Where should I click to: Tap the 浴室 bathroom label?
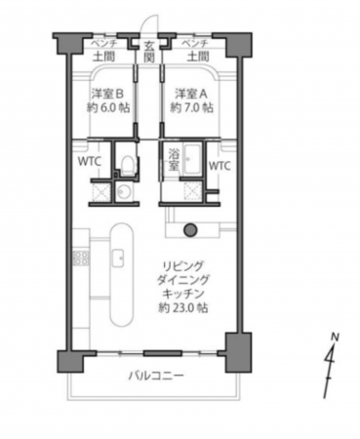coord(174,160)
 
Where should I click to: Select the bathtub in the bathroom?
coord(190,161)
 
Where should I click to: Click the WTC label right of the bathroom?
coord(220,165)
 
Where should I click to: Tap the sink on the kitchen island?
coord(117,258)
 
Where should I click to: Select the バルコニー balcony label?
coord(153,376)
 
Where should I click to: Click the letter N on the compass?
coord(334,338)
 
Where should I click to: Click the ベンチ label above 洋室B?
coord(104,46)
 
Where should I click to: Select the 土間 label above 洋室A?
coord(194,58)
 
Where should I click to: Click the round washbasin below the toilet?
coord(123,191)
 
